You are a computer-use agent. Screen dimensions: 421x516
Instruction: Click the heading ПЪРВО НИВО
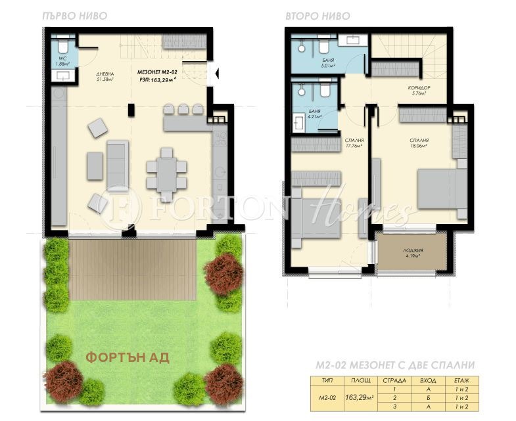pos(68,14)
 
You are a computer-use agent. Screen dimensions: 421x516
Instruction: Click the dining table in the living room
pos(166,168)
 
